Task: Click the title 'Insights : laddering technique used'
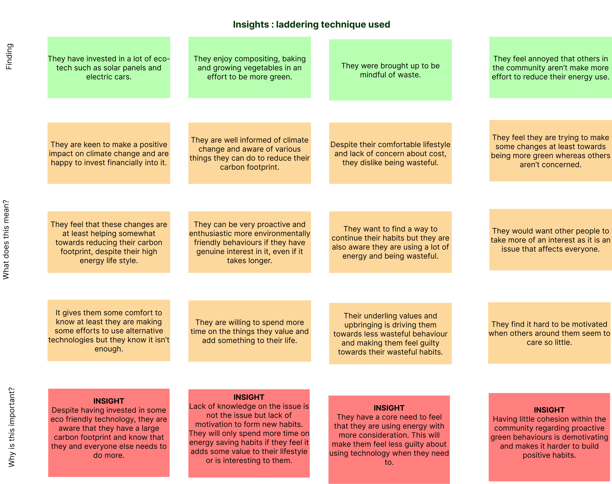click(x=311, y=24)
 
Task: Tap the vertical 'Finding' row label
click(x=9, y=56)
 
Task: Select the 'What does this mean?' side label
click(x=6, y=240)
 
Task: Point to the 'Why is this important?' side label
click(x=11, y=427)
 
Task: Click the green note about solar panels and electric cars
click(x=109, y=67)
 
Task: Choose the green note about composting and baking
click(x=250, y=67)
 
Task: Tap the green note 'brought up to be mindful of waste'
click(x=390, y=70)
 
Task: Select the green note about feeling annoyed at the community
click(x=551, y=67)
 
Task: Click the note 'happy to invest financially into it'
click(x=109, y=153)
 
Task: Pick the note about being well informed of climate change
click(x=250, y=153)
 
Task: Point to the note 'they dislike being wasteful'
click(x=390, y=153)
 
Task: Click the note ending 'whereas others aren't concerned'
click(x=551, y=151)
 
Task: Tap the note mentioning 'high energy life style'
click(x=109, y=242)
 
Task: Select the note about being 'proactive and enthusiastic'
click(x=250, y=242)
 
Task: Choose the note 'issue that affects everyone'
click(x=551, y=240)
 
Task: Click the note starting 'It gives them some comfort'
click(x=109, y=331)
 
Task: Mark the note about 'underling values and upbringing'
click(x=390, y=334)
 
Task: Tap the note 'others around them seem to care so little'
click(x=549, y=333)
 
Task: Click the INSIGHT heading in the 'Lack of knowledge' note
click(x=249, y=397)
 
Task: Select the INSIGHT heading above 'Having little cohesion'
click(x=549, y=410)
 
